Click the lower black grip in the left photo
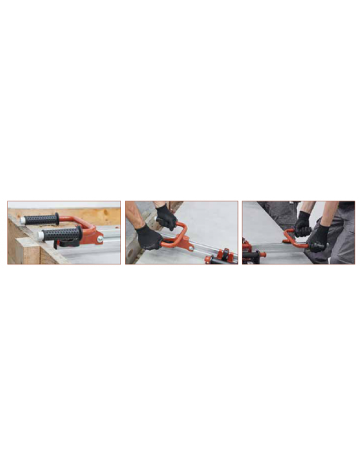coord(62,235)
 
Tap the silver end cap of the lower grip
coord(41,236)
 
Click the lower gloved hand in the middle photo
coord(149,236)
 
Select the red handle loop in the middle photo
coord(177,236)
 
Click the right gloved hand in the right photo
coord(319,236)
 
